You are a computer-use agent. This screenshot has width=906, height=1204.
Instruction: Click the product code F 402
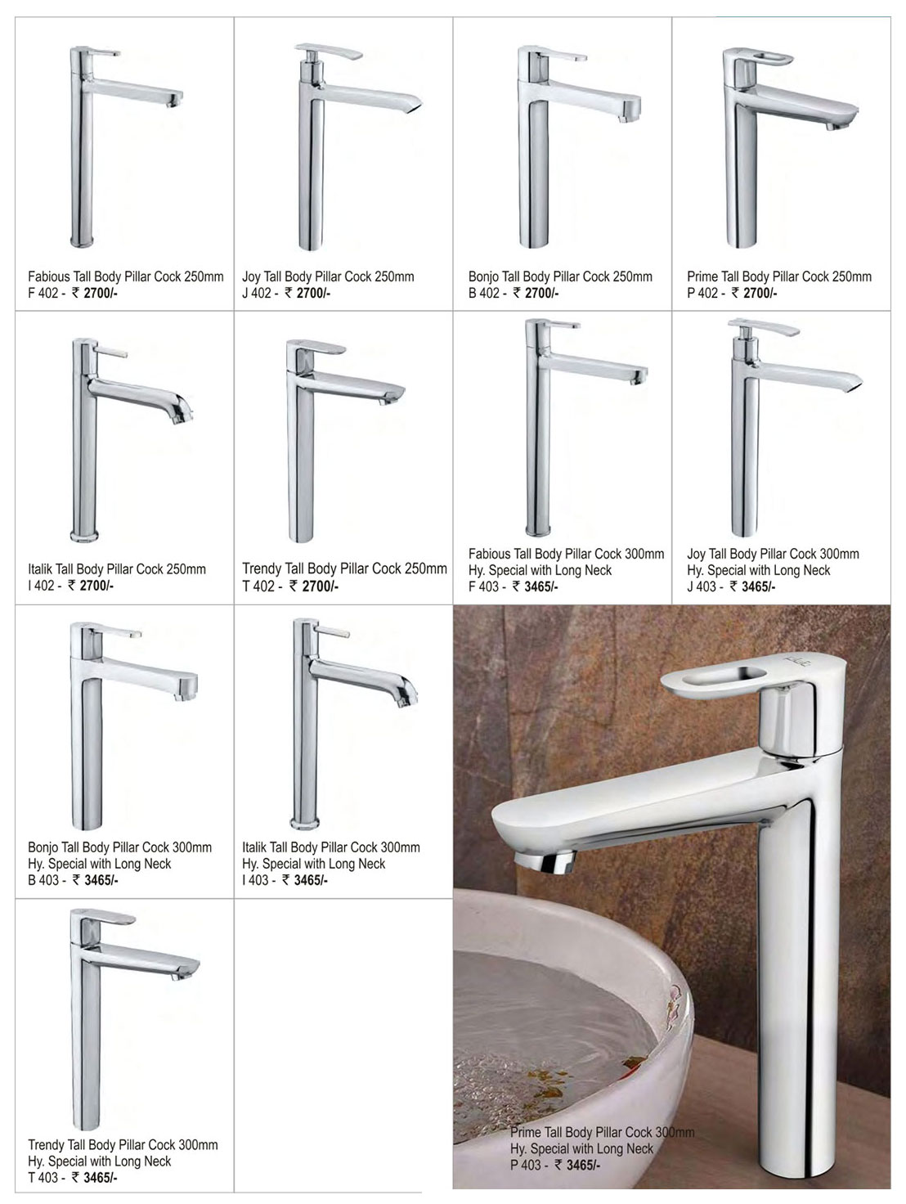pyautogui.click(x=43, y=293)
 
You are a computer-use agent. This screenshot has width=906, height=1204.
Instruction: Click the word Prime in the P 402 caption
pyautogui.click(x=702, y=276)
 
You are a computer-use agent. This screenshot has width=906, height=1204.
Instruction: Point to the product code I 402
pyautogui.click(x=41, y=586)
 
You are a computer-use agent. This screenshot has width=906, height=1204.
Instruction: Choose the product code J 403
pyautogui.click(x=702, y=586)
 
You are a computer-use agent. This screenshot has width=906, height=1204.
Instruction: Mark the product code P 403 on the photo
pyautogui.click(x=526, y=1165)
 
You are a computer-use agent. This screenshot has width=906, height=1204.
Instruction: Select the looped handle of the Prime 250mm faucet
pyautogui.click(x=759, y=56)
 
